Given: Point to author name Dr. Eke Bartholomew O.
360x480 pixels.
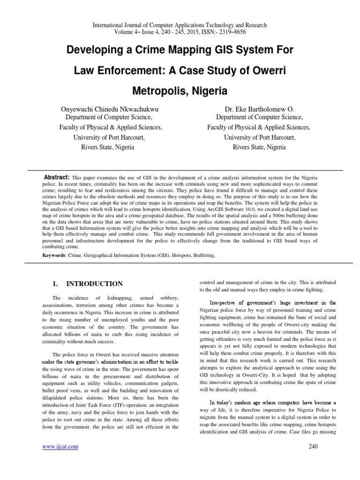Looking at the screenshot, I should [x=259, y=108].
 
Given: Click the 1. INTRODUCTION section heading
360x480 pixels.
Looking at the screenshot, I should [x=87, y=284].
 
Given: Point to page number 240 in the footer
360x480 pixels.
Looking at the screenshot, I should [x=314, y=446].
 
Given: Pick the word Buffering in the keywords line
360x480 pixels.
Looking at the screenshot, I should [x=202, y=256].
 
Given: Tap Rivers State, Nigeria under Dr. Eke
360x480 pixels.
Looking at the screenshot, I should [x=259, y=147].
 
